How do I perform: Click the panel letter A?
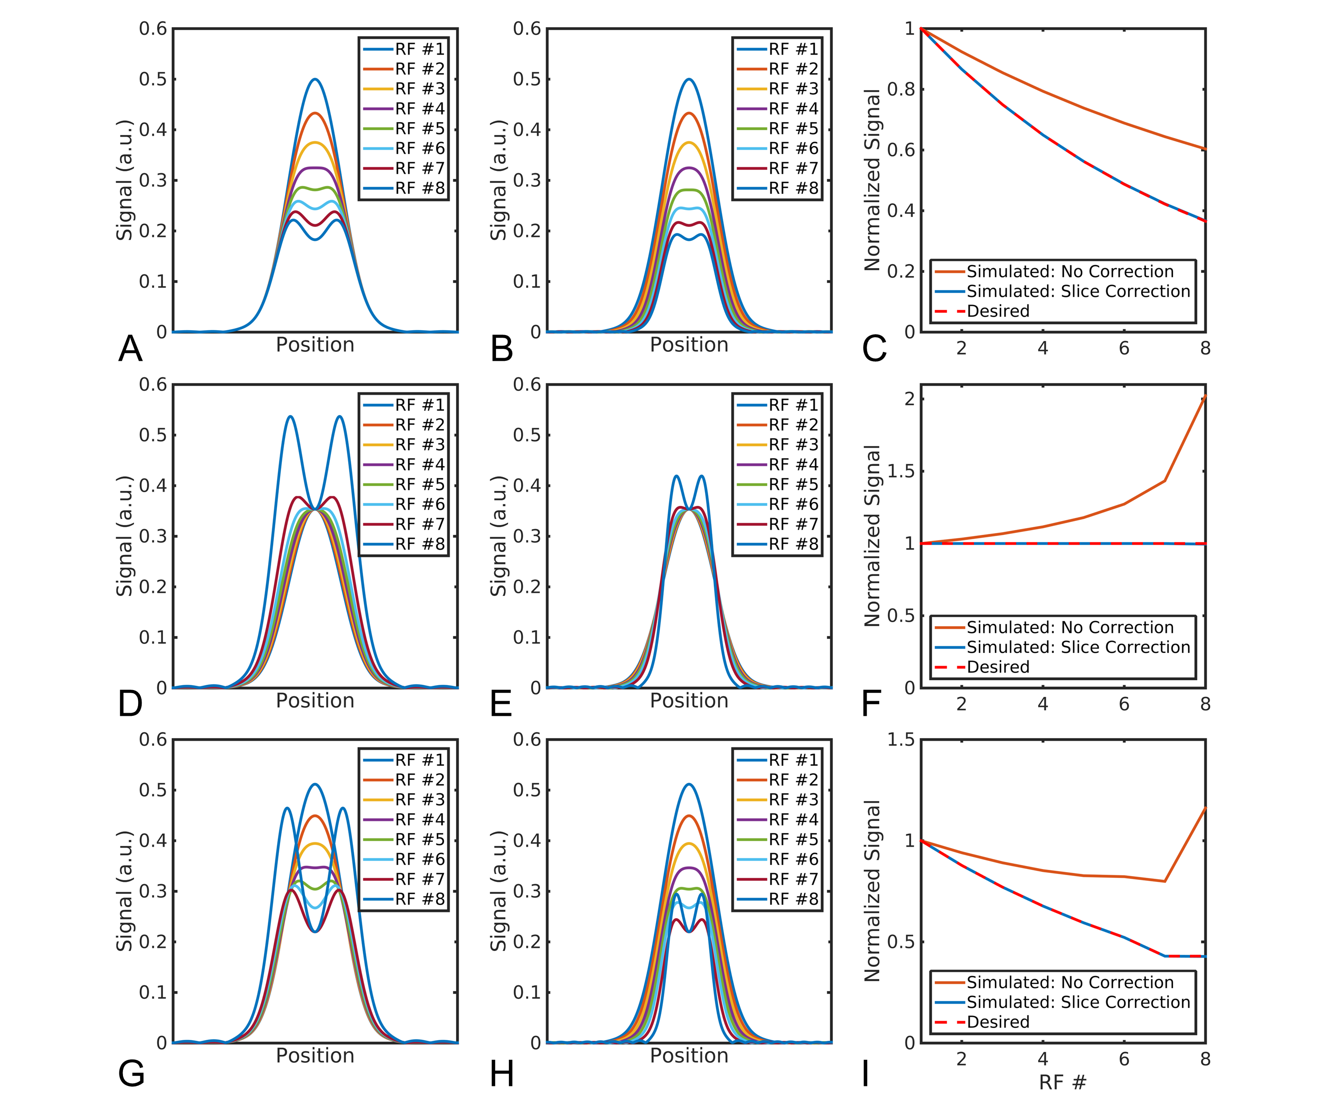(x=131, y=349)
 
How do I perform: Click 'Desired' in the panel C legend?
(x=998, y=311)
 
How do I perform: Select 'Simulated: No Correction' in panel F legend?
(x=1070, y=628)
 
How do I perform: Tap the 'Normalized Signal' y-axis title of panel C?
(x=873, y=180)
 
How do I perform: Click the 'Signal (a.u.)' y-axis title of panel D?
(x=124, y=536)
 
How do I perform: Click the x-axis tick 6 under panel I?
(x=1124, y=1059)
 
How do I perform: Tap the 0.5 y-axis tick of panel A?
(x=153, y=79)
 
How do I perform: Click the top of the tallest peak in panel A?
(x=315, y=79)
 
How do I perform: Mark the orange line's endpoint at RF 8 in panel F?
(x=1205, y=396)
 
